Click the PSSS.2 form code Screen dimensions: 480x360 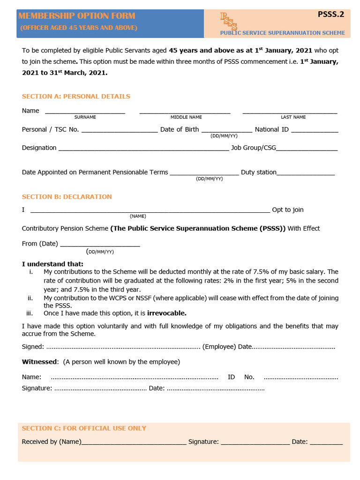pos(331,14)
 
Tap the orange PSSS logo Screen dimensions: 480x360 pos(229,22)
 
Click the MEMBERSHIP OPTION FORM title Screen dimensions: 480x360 pos(77,16)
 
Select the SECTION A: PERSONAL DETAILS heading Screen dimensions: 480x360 pos(76,97)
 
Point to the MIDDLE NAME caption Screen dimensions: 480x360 pos(186,117)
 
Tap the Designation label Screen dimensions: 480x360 pos(39,148)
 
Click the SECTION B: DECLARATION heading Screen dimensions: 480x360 pos(67,197)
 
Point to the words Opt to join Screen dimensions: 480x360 pos(288,210)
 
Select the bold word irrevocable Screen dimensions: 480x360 pos(167,313)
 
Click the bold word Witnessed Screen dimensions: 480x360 pos(40,362)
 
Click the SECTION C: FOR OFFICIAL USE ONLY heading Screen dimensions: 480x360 pos(84,428)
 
